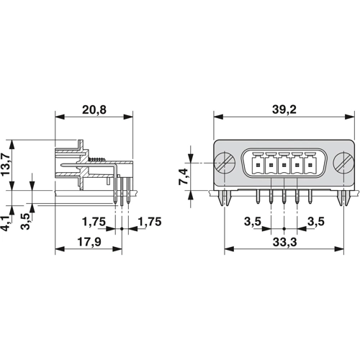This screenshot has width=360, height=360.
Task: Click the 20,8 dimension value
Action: pyautogui.click(x=94, y=109)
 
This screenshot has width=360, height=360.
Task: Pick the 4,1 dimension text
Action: pyautogui.click(x=7, y=221)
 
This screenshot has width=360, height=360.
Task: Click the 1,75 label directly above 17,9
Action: pyautogui.click(x=95, y=221)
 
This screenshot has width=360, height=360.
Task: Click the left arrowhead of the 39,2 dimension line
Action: pyautogui.click(x=217, y=117)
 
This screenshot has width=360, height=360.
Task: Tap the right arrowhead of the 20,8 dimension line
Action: pyautogui.click(x=130, y=117)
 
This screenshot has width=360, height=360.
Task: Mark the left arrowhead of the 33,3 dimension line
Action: pyautogui.click(x=228, y=250)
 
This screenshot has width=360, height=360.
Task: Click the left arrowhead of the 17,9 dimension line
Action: pyautogui.click(x=58, y=250)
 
